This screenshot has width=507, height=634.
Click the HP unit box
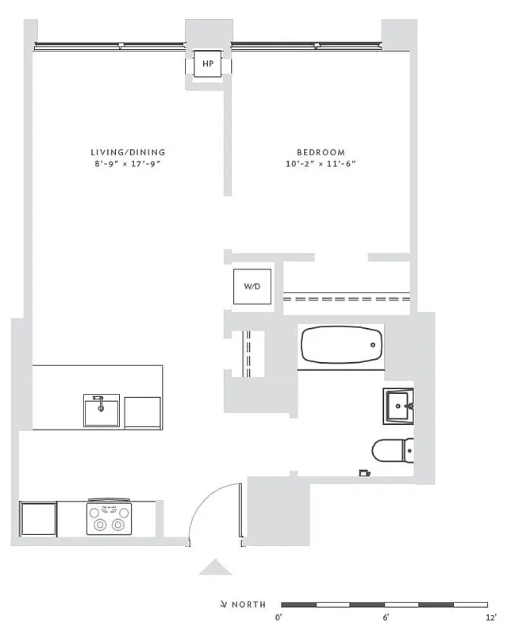(208, 63)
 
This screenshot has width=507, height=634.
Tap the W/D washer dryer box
(251, 286)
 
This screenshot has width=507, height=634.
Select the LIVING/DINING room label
(128, 152)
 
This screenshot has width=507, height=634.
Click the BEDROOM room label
(321, 152)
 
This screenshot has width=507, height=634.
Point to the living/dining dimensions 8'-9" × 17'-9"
(128, 164)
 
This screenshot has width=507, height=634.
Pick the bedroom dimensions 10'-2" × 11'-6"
(321, 164)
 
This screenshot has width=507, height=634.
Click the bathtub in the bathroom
(342, 346)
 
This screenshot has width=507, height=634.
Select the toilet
(393, 450)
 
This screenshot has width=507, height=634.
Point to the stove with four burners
(109, 518)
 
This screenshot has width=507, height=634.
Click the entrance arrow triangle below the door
(215, 567)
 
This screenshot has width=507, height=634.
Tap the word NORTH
(248, 605)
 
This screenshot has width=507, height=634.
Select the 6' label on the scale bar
(386, 617)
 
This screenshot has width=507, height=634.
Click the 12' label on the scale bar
(491, 617)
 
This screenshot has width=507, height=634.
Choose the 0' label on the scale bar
(279, 617)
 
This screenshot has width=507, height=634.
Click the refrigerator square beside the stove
(37, 519)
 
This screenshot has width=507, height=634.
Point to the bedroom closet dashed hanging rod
(347, 300)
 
